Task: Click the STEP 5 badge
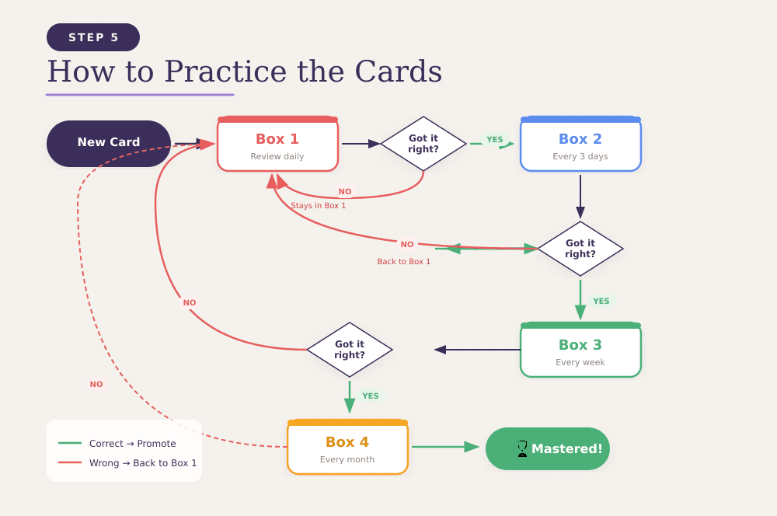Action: pos(93,37)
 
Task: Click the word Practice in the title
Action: pos(225,71)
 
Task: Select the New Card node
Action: pos(109,143)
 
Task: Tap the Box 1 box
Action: pos(277,145)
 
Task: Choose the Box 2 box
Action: pos(580,145)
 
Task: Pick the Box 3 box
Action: pos(580,350)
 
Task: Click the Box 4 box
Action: pos(347,448)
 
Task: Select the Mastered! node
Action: pos(548,448)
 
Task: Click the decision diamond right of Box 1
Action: pos(423,144)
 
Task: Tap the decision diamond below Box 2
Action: pos(580,249)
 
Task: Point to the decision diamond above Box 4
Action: pos(350,350)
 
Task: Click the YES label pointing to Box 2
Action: pos(495,140)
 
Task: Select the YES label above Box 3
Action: pos(601,301)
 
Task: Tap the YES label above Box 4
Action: pos(371,396)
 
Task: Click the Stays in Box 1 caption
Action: pos(319,206)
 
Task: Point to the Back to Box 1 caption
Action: pos(404,262)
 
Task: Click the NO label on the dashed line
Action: pos(96,384)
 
